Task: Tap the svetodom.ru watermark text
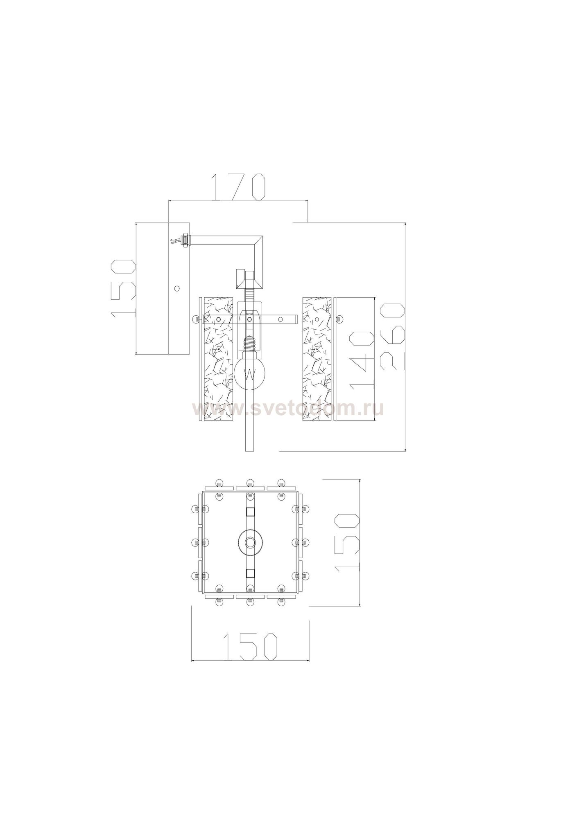288,409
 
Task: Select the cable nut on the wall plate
185,239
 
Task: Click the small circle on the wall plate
176,288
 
